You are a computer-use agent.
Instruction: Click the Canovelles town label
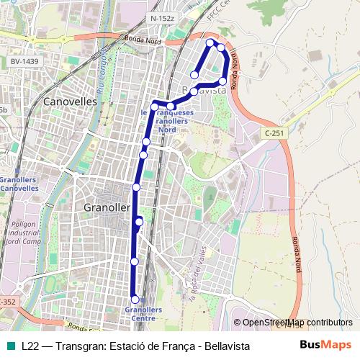(x=70, y=102)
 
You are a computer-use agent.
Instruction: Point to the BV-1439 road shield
(x=25, y=63)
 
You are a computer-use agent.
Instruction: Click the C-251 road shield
(x=274, y=133)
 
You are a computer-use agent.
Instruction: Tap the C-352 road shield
(x=6, y=302)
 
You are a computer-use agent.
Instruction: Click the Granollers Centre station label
(x=145, y=314)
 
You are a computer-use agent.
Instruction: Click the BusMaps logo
(x=325, y=346)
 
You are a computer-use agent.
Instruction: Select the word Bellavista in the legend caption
(x=227, y=346)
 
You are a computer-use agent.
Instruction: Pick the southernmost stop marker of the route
(x=135, y=299)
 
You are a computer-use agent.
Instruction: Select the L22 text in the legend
(x=30, y=346)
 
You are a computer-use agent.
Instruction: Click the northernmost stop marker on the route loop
(x=211, y=43)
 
